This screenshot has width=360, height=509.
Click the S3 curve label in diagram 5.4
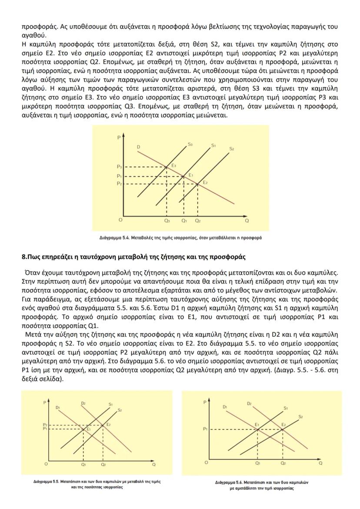pos(190,143)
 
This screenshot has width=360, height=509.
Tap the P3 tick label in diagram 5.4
pos(119,167)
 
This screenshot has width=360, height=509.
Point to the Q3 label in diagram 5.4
pos(167,221)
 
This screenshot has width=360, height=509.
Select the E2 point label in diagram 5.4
pos(205,182)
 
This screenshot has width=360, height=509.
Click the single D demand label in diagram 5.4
pos(138,147)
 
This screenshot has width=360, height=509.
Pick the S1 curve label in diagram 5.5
pos(111,404)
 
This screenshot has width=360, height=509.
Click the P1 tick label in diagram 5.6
pos(205,429)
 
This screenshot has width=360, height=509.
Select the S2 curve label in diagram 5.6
pos(300,416)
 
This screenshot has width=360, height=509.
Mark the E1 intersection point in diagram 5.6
pos(258,429)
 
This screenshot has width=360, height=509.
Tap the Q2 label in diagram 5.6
pos(283,463)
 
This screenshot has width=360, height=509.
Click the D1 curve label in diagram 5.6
pos(225,406)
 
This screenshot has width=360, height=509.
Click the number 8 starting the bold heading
pos(23,257)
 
